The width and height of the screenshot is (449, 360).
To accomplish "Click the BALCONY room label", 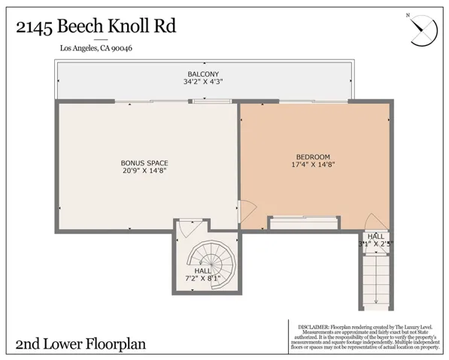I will click(x=203, y=74).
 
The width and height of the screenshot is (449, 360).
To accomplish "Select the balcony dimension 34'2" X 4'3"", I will click(x=203, y=81).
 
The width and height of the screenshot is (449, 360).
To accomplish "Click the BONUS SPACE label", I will click(x=144, y=163).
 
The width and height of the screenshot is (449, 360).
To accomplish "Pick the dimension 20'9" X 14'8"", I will click(x=144, y=171).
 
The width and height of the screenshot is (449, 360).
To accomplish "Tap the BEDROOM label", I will click(x=314, y=156).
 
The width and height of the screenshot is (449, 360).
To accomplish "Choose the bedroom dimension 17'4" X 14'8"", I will click(x=314, y=164).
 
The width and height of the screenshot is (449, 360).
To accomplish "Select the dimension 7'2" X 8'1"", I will click(x=203, y=279).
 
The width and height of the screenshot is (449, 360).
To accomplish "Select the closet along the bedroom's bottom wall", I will click(x=304, y=222).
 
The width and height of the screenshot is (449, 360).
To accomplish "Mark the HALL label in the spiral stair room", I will click(x=203, y=271).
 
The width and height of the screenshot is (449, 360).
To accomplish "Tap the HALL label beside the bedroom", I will click(x=375, y=236).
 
